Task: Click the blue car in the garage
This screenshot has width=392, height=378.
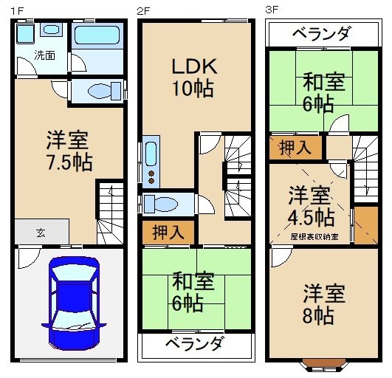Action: (72, 304)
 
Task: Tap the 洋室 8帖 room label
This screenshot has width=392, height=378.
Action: (323, 304)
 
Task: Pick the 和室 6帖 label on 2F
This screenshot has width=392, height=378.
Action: (193, 292)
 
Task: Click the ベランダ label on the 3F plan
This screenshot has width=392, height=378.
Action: (320, 33)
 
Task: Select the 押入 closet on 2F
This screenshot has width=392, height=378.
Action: (169, 233)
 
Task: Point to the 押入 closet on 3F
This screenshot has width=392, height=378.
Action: (295, 148)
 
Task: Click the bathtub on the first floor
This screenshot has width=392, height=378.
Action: (96, 36)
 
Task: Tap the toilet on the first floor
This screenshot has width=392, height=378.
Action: (99, 92)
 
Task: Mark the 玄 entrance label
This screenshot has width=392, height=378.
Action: (40, 232)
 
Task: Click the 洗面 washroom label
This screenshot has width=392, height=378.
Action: (44, 55)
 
